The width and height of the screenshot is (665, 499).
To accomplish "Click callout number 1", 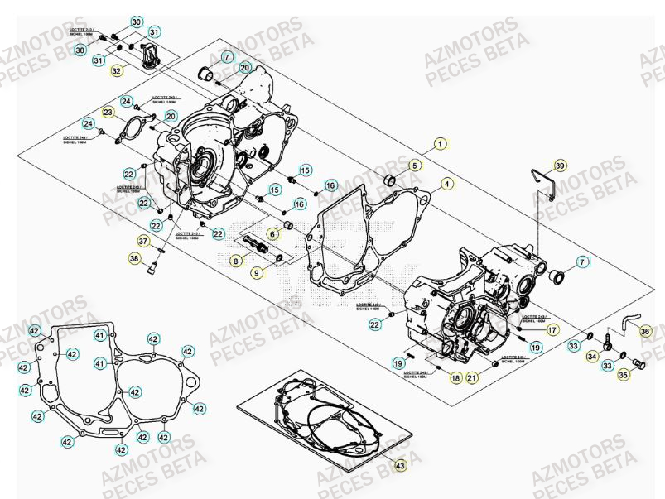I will pos(440,142).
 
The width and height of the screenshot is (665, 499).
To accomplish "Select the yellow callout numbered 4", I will pos(446,184).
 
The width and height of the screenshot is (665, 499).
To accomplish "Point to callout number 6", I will pos(272,235).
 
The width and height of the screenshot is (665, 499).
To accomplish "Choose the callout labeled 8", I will pos(236,261).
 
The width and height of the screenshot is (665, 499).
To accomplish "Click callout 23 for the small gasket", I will pos(108,113).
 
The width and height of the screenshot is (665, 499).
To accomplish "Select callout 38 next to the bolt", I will pos(134,259).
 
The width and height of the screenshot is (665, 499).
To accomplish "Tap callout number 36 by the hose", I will pos(646,331).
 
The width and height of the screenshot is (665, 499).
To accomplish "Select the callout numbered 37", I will pos(144,241).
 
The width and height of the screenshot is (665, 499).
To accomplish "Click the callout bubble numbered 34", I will pos(592,356).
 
